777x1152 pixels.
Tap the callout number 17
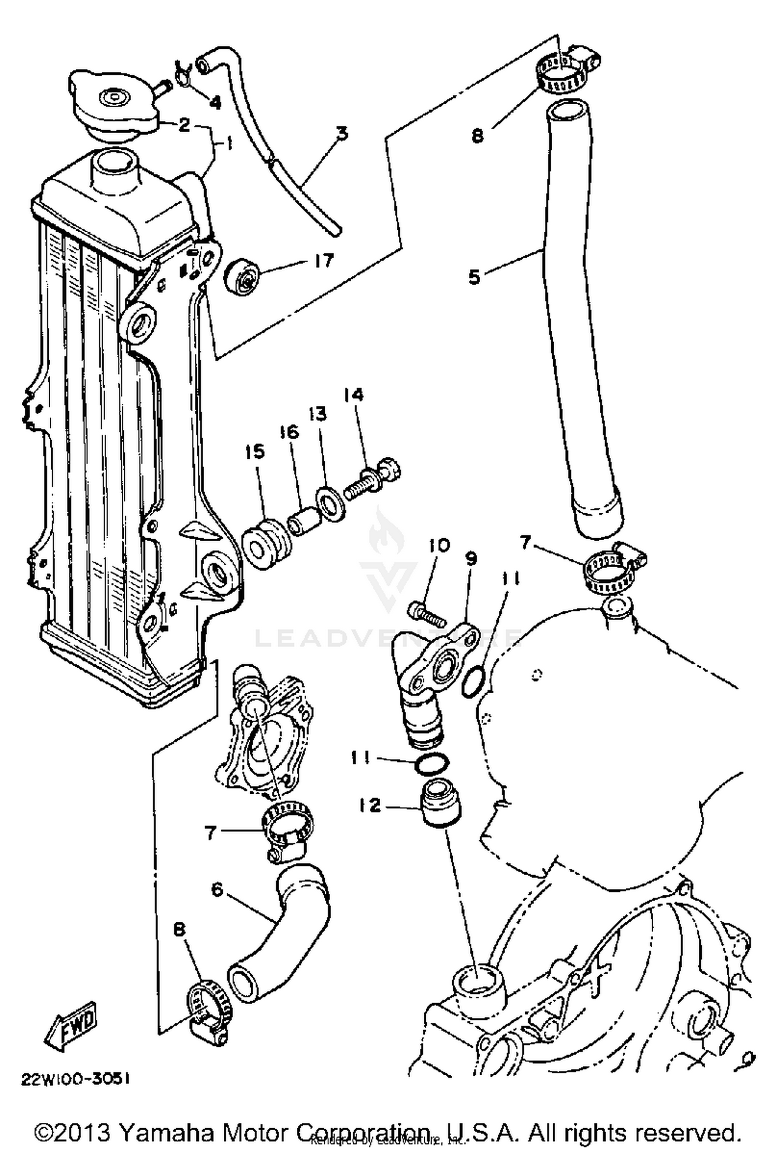point(324,261)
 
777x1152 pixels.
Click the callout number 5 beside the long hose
point(474,276)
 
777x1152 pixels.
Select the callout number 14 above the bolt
point(353,395)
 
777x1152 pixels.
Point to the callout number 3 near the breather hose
point(341,133)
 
